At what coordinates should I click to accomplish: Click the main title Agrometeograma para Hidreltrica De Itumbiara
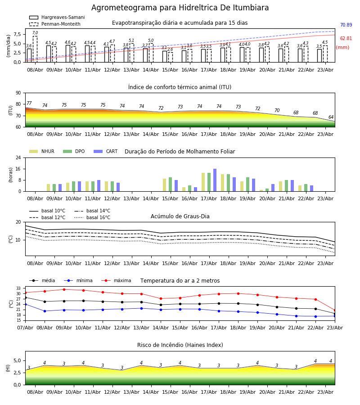(180, 8)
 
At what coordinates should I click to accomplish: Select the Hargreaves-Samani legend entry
(57, 17)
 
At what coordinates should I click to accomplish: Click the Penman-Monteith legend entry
(55, 24)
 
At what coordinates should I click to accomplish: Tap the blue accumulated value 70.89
(346, 25)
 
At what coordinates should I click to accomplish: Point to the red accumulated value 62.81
(346, 38)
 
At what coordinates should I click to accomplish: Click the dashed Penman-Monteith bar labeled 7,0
(35, 49)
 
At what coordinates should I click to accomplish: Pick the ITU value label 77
(29, 103)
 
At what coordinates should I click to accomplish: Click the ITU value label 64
(331, 117)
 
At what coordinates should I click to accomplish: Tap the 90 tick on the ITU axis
(18, 93)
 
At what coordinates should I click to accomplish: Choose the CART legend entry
(106, 151)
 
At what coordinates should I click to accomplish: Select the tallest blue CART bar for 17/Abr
(215, 180)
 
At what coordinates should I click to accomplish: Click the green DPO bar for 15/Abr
(170, 184)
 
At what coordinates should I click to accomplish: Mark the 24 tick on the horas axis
(18, 157)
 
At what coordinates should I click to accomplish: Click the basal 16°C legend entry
(92, 217)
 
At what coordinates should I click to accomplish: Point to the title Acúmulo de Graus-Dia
(180, 216)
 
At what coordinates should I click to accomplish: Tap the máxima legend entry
(116, 280)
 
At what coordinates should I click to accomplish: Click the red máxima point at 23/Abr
(335, 310)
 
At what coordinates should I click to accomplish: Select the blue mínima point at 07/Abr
(25, 304)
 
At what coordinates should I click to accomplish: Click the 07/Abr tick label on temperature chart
(25, 328)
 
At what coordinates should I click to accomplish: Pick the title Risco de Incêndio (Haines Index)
(180, 345)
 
